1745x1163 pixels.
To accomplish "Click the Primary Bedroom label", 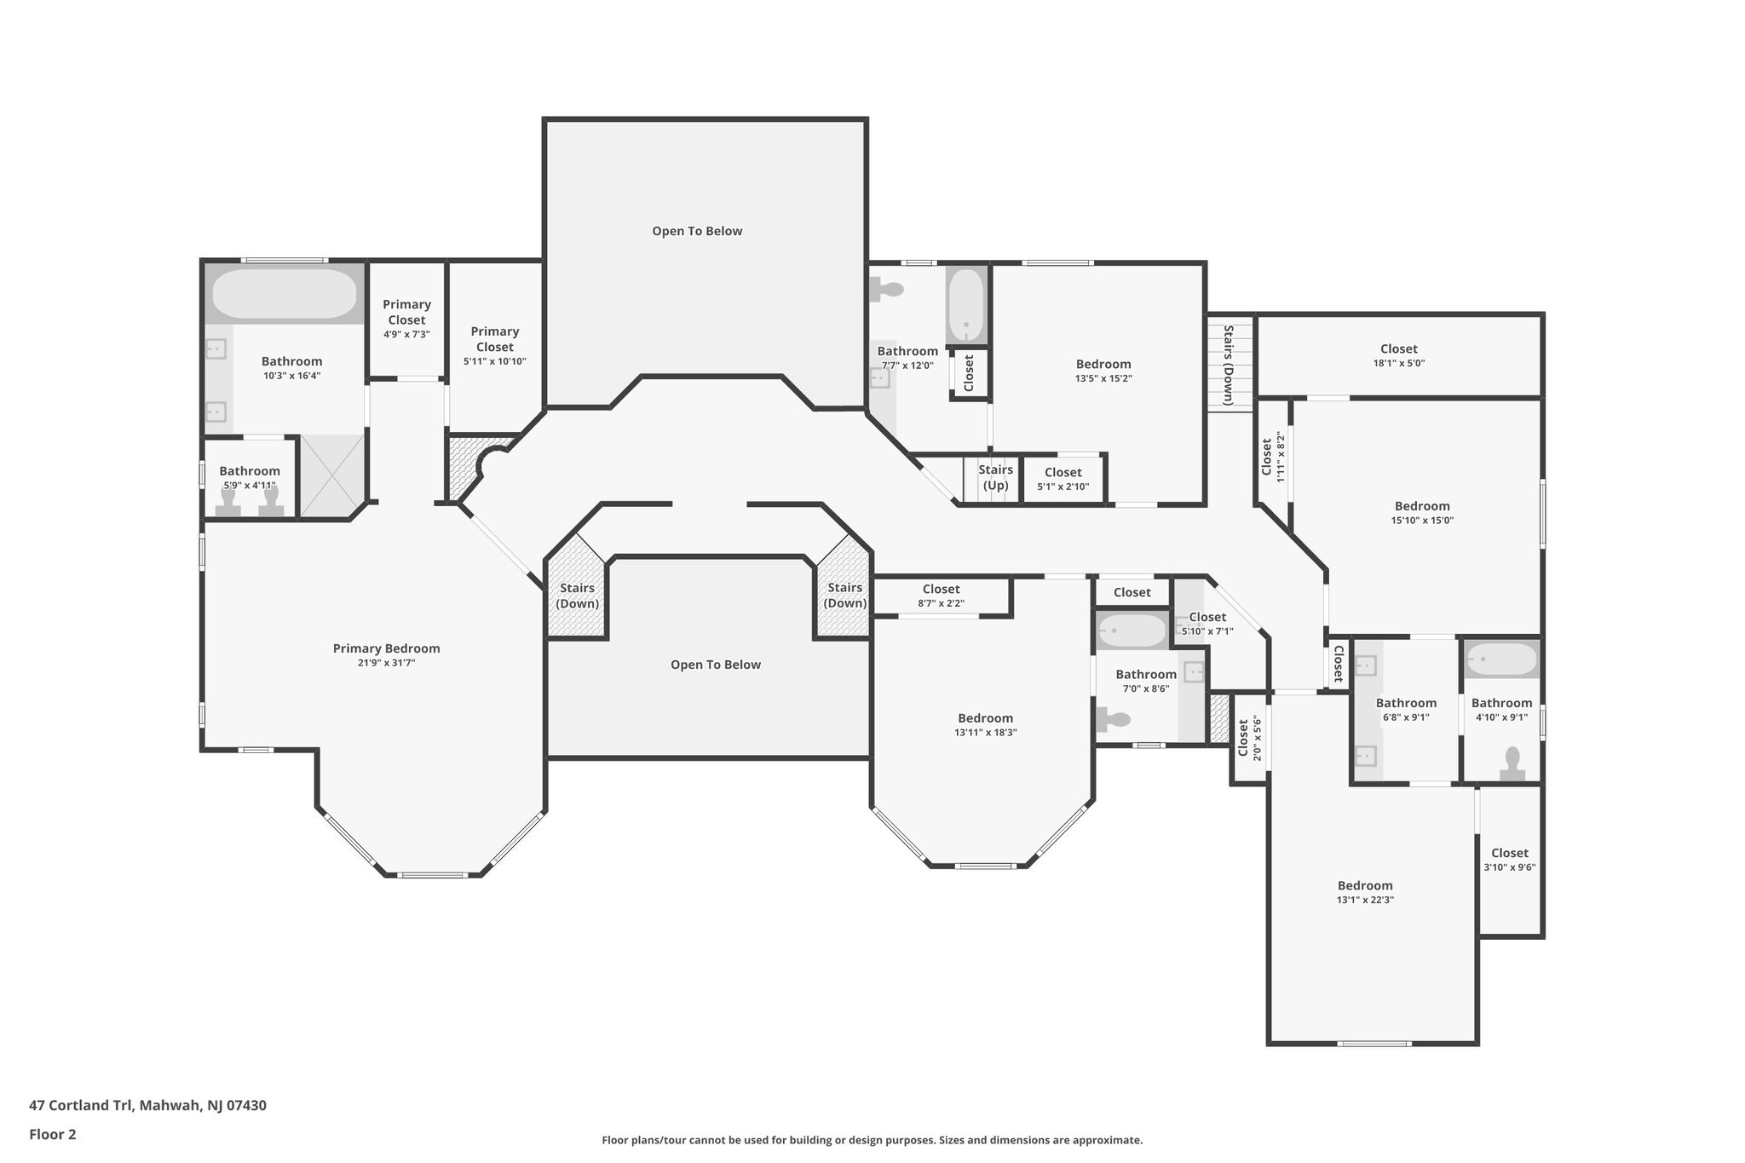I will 386,648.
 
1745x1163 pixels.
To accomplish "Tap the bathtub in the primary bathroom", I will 284,294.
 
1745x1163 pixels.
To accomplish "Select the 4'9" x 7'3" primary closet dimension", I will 406,334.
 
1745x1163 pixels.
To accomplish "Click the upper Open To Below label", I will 697,231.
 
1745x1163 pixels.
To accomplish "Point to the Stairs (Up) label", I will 995,477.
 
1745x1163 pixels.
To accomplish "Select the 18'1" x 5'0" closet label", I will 1398,348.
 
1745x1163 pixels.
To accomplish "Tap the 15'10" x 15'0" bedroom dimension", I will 1422,520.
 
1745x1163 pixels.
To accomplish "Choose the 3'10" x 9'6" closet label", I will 1509,853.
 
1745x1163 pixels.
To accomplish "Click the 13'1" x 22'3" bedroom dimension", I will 1364,900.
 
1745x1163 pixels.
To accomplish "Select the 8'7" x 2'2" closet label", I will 941,589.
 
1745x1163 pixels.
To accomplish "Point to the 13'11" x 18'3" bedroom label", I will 985,718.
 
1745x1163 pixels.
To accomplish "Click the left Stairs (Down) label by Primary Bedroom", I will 577,596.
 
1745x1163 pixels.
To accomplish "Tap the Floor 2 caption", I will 53,1134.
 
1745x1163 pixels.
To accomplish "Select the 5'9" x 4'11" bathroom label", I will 250,471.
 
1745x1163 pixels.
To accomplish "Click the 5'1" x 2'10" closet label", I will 1063,472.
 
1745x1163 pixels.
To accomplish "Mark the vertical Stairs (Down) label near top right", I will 1228,365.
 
